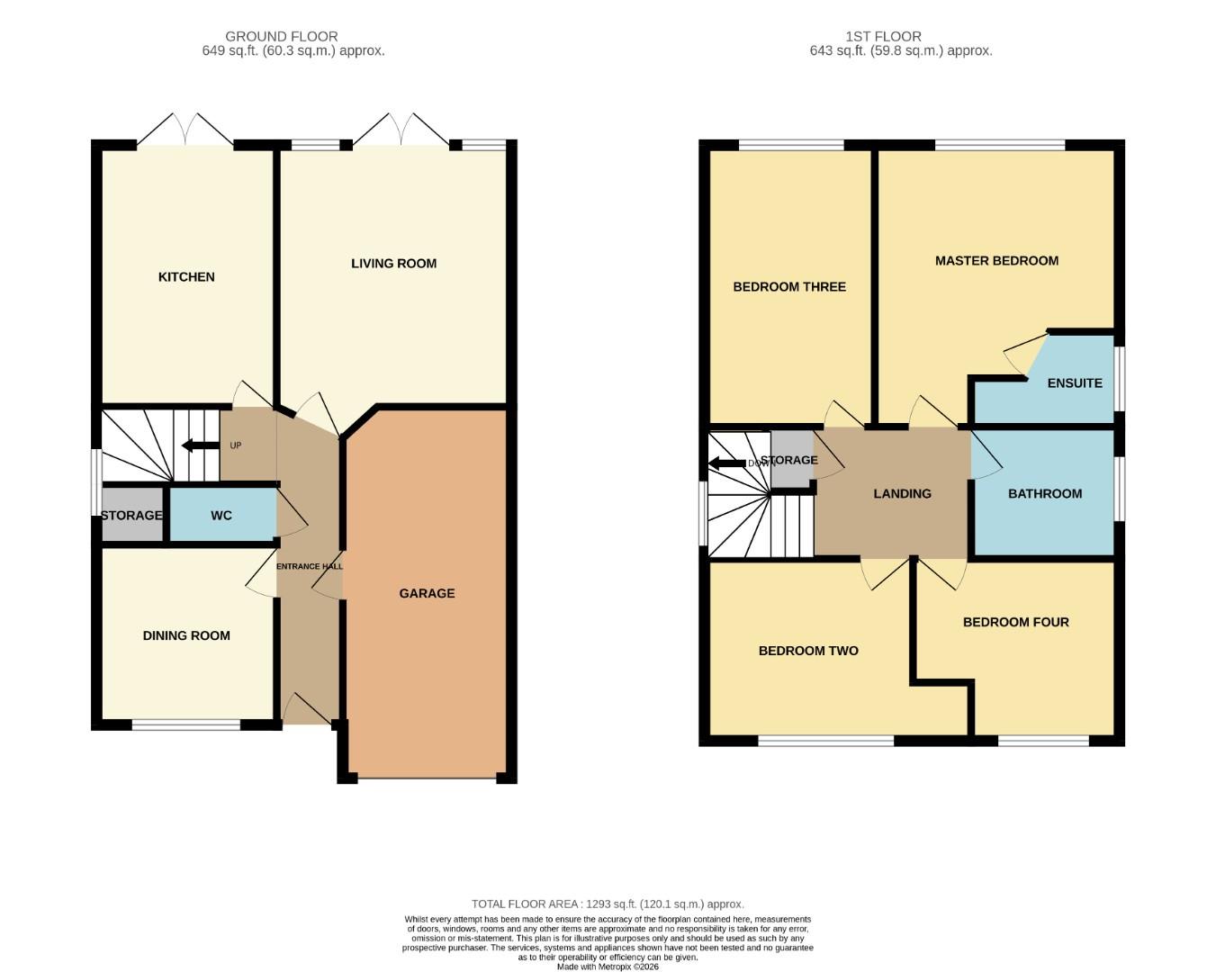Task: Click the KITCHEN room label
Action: (186, 277)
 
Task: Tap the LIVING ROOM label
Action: (393, 264)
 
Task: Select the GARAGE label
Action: (427, 593)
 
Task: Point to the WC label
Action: (221, 516)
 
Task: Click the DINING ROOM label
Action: (186, 635)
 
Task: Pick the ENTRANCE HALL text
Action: (309, 566)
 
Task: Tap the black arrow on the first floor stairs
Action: (726, 463)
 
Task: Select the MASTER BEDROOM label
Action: (996, 261)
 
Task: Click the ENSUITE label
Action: (1074, 383)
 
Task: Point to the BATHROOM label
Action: (1044, 494)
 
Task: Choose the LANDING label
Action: (902, 494)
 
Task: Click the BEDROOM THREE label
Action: (789, 287)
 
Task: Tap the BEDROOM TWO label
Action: (808, 651)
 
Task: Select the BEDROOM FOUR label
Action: (1015, 622)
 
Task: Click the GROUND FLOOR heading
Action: (282, 37)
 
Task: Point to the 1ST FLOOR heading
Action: (883, 37)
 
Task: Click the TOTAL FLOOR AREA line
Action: (608, 904)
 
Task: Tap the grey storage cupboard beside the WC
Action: (131, 516)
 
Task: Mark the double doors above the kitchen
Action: (185, 130)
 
